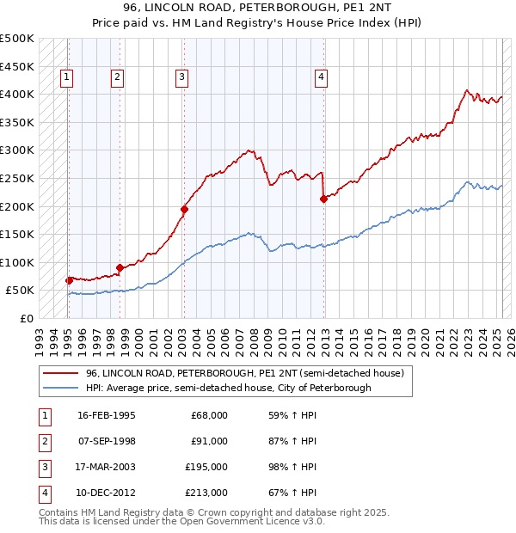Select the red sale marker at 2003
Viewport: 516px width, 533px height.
click(184, 208)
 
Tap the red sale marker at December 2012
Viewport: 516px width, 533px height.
click(324, 199)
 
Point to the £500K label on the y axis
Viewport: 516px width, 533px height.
click(17, 39)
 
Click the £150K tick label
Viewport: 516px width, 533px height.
click(17, 234)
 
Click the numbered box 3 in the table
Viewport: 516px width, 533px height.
click(43, 469)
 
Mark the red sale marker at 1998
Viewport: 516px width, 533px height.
click(120, 267)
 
